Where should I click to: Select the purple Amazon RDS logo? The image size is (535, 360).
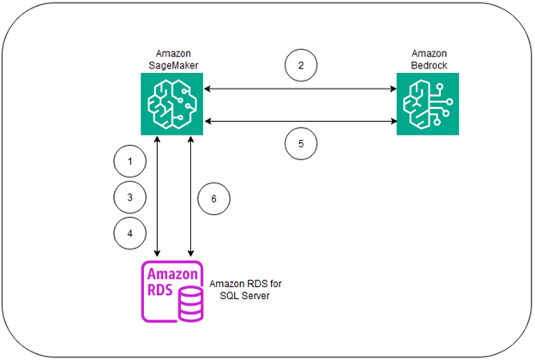(171, 291)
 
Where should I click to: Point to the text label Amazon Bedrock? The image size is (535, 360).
(426, 61)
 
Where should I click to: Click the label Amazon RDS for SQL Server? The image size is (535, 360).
(249, 290)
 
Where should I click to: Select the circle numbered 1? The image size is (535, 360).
(129, 161)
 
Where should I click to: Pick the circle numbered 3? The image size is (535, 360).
(129, 196)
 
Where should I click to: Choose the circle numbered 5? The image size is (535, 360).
(300, 144)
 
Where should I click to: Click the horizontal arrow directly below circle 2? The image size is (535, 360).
(298, 87)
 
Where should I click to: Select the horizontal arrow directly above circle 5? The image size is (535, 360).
(298, 121)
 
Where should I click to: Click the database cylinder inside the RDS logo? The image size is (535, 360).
(188, 300)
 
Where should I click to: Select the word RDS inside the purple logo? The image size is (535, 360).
(159, 291)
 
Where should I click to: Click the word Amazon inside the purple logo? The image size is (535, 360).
(171, 274)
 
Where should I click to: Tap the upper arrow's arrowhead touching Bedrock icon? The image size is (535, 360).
(392, 87)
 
